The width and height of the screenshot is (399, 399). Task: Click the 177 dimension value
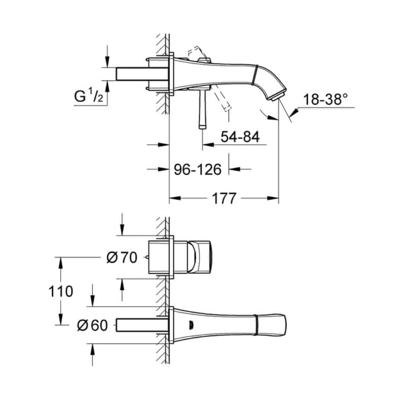[224, 198]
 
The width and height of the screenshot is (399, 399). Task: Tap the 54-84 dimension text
[240, 137]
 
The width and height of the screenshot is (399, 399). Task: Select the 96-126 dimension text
[197, 169]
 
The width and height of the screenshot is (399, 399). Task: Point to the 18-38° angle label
[325, 99]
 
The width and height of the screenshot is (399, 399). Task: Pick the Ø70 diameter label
[122, 258]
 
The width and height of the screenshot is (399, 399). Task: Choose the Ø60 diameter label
[92, 325]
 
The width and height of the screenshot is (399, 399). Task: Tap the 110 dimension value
[61, 291]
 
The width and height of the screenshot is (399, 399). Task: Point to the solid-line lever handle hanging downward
[202, 109]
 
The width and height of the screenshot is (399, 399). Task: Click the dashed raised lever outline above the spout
[198, 53]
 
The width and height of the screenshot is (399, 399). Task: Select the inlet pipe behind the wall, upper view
[142, 74]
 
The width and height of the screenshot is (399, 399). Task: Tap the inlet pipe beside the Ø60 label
[142, 325]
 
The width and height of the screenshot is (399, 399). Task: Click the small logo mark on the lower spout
[190, 324]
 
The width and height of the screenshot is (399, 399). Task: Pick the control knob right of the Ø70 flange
[200, 257]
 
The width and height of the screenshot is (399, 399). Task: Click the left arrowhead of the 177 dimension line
[175, 198]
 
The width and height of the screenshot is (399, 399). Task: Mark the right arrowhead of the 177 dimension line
[273, 198]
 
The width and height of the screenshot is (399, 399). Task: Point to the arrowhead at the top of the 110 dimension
[60, 263]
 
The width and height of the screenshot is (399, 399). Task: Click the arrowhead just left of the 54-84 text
[208, 145]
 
